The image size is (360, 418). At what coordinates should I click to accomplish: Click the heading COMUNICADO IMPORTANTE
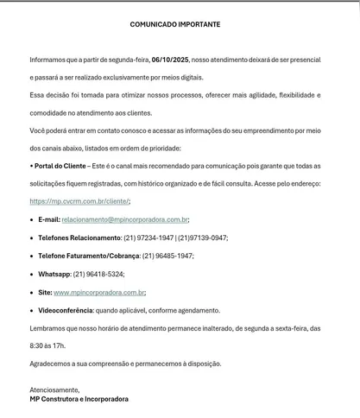tap(175, 25)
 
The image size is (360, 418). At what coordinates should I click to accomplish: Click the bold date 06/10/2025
tap(169, 60)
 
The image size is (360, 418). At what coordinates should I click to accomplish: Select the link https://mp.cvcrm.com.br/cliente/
tap(79, 201)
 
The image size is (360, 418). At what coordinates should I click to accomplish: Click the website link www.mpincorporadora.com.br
tap(99, 292)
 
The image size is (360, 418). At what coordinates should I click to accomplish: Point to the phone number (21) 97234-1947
tap(148, 237)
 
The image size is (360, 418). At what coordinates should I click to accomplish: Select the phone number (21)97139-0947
tap(203, 237)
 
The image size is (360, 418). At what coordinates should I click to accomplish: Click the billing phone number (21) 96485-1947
tap(167, 256)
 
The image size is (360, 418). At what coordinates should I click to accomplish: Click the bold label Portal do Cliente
tap(60, 165)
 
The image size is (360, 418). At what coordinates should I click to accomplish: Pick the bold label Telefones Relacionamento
tap(79, 237)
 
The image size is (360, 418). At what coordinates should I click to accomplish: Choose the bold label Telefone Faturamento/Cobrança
tap(89, 256)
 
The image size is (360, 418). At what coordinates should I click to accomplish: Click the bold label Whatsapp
tap(54, 274)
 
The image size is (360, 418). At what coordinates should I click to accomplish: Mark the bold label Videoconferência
tap(65, 310)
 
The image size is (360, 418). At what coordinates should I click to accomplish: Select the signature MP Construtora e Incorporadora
tap(79, 399)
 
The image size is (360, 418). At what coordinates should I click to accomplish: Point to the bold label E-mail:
tap(49, 219)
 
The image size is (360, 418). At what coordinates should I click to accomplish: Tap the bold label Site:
tap(45, 292)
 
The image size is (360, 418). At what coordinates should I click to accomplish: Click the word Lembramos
tap(48, 327)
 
